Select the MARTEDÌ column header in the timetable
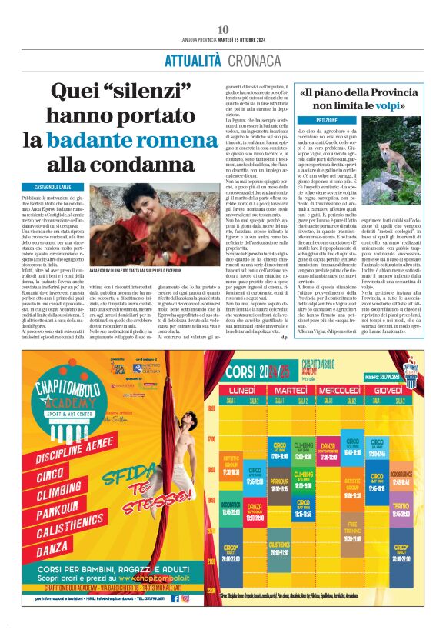point(301,391)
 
